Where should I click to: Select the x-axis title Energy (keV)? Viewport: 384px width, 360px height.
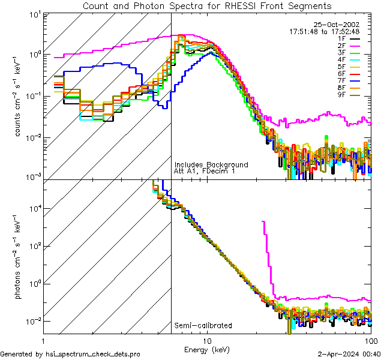207,349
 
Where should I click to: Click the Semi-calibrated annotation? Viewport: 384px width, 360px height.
203,326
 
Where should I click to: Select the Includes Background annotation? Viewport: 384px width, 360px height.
211,164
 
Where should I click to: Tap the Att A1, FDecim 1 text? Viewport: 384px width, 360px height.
205,171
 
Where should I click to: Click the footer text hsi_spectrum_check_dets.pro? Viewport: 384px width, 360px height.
70,354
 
